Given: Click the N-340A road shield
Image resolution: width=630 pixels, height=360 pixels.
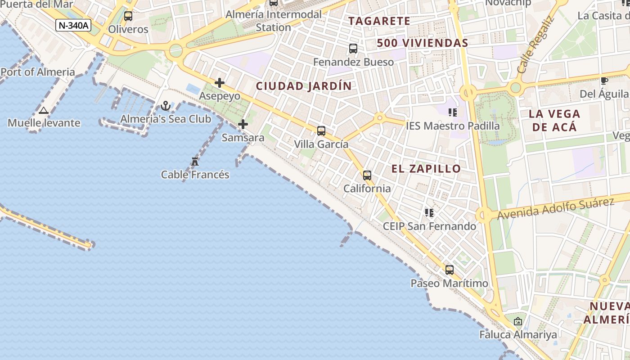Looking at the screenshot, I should coord(73,25).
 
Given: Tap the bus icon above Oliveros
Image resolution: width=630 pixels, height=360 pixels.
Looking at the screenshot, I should coord(128,16).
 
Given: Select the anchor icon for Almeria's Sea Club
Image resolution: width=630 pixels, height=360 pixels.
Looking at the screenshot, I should coord(166,106).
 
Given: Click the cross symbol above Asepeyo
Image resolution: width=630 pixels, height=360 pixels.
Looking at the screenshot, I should coord(220,83).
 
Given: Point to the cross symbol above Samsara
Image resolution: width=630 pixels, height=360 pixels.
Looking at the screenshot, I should coord(243,124).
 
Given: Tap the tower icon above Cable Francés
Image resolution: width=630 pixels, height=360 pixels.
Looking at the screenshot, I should coord(195,162).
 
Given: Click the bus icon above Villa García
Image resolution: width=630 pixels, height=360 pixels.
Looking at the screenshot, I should coord(321,131).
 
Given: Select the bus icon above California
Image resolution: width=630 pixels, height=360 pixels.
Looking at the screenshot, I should coord(367,175).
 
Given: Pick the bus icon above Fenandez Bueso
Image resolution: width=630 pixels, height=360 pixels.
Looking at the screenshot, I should coord(353,49).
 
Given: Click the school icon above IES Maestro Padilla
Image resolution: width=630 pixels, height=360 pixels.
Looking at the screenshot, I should coord(452,112).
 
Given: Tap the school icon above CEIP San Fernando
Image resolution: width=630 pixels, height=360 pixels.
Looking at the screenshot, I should coord(429,212).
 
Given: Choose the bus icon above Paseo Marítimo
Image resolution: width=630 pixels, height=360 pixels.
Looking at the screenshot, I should coord(449,270).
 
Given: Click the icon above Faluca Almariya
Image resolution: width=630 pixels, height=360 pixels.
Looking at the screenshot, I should coord(518,321).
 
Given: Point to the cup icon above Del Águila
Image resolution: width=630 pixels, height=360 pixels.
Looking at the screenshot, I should coord(604,81).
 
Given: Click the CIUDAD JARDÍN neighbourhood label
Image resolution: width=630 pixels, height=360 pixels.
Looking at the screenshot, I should coord(304,86).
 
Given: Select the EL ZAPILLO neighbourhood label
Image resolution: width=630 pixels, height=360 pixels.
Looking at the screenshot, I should coord(426,169).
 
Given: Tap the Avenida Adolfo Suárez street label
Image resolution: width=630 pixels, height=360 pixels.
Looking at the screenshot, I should coord(555,208).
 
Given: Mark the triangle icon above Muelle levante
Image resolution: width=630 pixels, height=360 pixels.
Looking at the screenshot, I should coord(44,110).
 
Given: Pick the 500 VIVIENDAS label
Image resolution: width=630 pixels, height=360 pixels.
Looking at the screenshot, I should coord(423,43).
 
